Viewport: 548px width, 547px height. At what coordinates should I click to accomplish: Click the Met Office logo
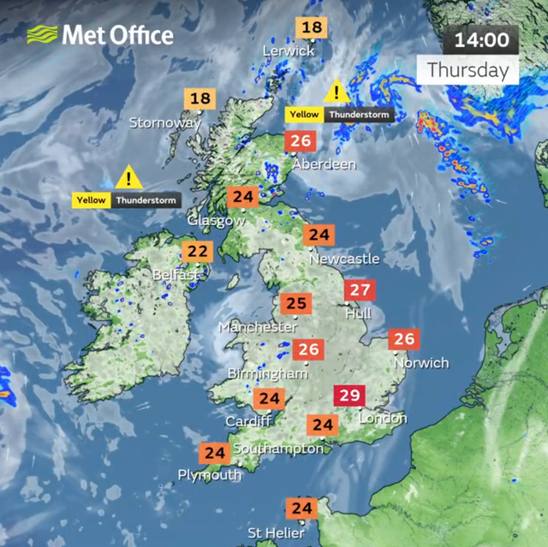(x=100, y=34)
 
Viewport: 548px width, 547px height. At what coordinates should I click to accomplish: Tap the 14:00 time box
(x=480, y=39)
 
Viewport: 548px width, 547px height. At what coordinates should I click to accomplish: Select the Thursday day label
(x=468, y=69)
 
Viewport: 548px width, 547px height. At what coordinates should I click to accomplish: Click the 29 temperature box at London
(x=349, y=396)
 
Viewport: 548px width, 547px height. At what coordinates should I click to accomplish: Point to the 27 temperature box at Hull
(x=360, y=290)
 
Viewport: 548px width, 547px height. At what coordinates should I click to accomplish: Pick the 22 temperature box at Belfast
(x=197, y=252)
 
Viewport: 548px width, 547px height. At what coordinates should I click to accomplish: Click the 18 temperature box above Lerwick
(x=312, y=27)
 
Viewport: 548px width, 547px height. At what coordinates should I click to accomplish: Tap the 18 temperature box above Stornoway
(x=200, y=99)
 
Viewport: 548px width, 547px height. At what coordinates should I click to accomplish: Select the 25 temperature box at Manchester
(x=296, y=304)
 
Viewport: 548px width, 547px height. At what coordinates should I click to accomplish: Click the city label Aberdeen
(x=324, y=164)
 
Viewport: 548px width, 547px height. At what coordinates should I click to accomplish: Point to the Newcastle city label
(x=343, y=258)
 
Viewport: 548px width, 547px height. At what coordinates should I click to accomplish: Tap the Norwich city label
(x=420, y=362)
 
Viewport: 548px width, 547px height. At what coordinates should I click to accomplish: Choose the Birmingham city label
(x=267, y=374)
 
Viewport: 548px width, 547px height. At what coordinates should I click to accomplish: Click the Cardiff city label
(x=248, y=421)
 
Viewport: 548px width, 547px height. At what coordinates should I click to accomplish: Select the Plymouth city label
(x=210, y=475)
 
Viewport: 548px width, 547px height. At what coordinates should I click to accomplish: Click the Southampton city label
(x=278, y=449)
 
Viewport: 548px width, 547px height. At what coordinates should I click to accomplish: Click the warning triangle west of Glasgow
(x=128, y=178)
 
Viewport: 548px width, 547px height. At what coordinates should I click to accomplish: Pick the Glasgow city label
(x=216, y=220)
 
